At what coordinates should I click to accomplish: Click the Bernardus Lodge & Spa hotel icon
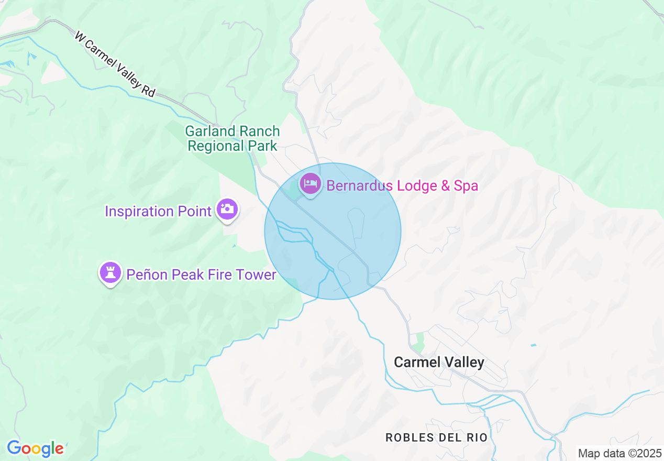click(x=311, y=183)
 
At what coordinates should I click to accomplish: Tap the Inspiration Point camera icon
click(x=227, y=210)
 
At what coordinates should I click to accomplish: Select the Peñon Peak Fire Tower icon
click(x=110, y=273)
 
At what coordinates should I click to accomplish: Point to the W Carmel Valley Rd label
click(x=115, y=64)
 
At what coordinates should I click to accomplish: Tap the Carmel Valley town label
click(x=439, y=362)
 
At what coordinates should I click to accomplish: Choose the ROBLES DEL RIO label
click(x=436, y=437)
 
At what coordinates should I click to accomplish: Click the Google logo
click(x=35, y=448)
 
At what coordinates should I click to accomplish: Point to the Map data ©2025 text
click(x=619, y=453)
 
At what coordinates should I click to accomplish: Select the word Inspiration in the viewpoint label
click(x=139, y=211)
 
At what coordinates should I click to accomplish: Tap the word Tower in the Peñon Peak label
click(x=257, y=275)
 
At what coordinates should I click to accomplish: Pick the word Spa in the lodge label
click(x=467, y=185)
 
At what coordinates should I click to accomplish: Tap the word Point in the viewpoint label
click(x=194, y=211)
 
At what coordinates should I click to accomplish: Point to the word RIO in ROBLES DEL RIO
click(x=478, y=437)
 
